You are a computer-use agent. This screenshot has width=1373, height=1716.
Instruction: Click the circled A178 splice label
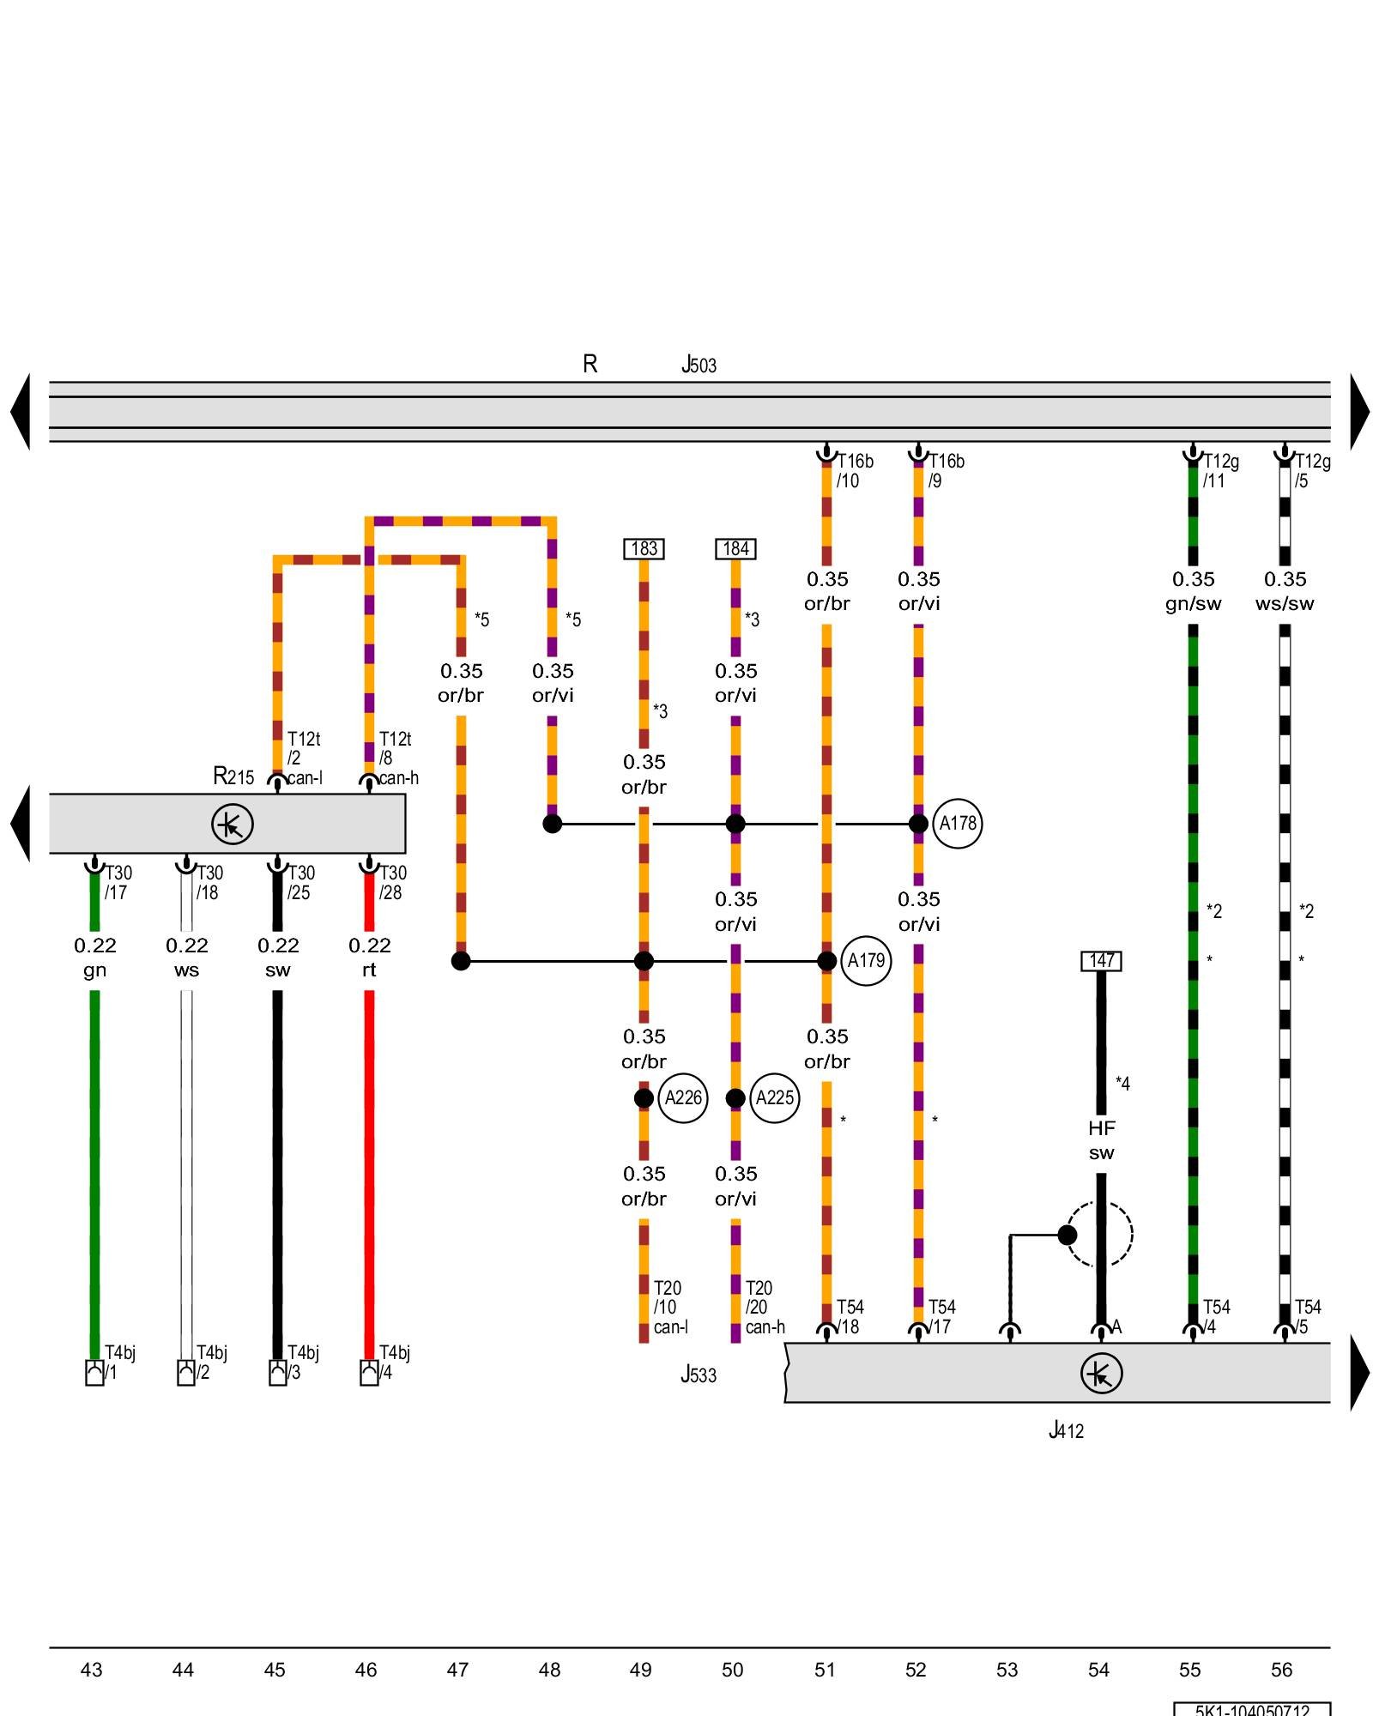click(957, 824)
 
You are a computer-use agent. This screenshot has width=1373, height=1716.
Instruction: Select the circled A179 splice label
click(866, 961)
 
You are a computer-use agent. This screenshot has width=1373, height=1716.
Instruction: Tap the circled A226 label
click(683, 1098)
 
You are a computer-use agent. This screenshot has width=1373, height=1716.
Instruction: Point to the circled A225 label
click(774, 1098)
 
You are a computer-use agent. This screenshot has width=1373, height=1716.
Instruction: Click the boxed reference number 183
click(644, 549)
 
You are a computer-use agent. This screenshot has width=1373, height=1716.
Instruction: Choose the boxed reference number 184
click(735, 549)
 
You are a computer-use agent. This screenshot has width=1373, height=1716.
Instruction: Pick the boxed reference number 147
click(1101, 961)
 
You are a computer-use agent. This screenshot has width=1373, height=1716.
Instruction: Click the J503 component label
click(699, 366)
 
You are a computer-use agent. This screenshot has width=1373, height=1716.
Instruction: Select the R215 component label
click(233, 776)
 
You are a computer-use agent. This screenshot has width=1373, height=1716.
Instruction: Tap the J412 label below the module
click(1066, 1430)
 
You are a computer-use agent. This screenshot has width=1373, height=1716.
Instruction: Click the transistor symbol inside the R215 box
click(233, 825)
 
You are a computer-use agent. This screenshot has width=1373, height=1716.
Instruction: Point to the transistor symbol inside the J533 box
click(1101, 1374)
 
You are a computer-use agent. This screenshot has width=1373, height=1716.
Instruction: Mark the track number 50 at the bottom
click(732, 1670)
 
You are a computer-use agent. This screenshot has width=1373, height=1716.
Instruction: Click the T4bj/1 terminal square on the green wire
click(94, 1373)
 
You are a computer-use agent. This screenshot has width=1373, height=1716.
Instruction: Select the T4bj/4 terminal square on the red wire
click(369, 1373)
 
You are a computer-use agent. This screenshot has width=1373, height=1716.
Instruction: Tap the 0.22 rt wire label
click(369, 958)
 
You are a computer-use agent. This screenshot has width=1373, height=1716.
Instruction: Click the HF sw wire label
click(1101, 1140)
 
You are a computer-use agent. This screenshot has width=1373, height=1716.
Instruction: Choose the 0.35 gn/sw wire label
click(1193, 591)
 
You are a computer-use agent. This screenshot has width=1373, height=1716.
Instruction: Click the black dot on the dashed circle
click(1067, 1235)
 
